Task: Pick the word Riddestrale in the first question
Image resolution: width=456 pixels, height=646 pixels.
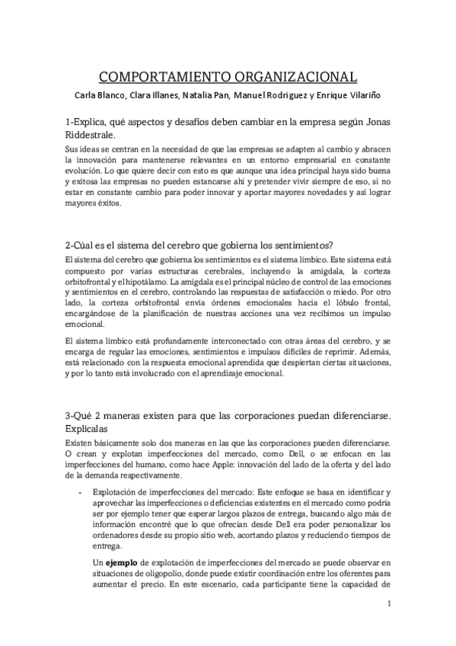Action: pos(97,133)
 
